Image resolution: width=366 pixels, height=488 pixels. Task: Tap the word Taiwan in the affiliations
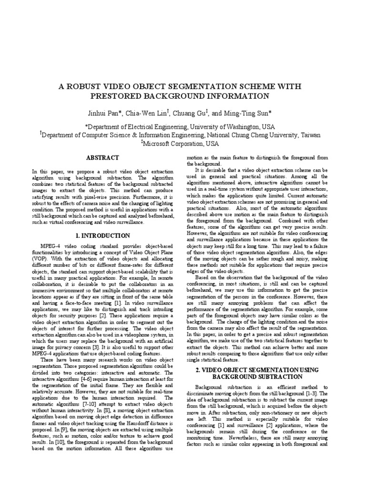click(x=311, y=135)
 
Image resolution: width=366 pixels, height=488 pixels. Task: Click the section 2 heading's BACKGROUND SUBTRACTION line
click(x=257, y=376)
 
